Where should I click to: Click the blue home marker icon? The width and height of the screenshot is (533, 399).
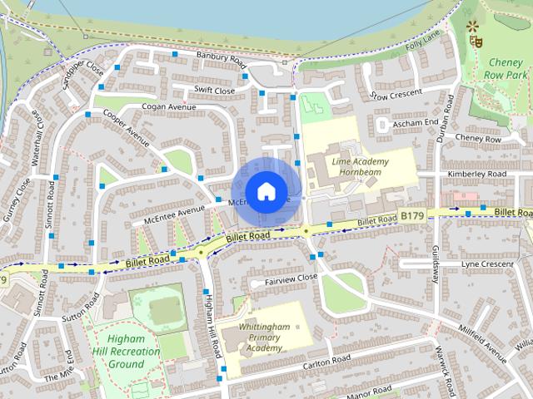click(x=266, y=191)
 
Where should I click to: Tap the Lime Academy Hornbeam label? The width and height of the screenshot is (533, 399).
click(x=360, y=165)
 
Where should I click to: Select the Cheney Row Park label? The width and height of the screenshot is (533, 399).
click(x=506, y=68)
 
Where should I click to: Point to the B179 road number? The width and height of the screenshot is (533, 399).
click(x=411, y=216)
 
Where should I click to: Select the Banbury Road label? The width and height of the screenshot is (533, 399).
click(x=222, y=58)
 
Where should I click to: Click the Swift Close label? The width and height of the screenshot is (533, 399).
click(x=215, y=91)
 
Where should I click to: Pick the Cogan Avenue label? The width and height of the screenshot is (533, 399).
click(x=169, y=107)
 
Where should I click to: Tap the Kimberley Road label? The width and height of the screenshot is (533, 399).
click(x=477, y=174)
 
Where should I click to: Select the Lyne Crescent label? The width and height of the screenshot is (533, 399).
click(x=487, y=264)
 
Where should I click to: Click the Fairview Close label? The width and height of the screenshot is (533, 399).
click(x=291, y=279)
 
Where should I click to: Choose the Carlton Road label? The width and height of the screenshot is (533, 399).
click(x=327, y=362)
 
